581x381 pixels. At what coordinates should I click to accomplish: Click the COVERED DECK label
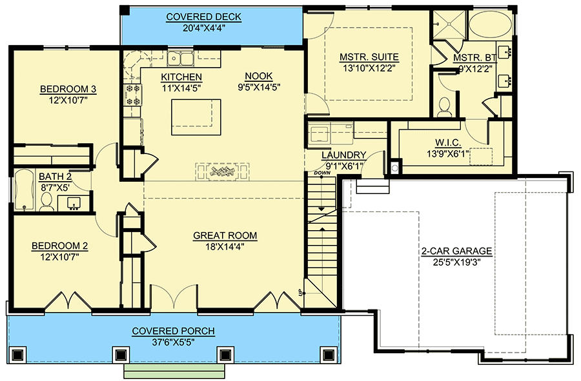(x=203, y=17)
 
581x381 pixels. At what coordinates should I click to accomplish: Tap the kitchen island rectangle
(x=196, y=117)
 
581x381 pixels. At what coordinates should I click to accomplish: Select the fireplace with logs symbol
(x=222, y=171)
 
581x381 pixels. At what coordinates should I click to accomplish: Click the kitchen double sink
(x=180, y=59)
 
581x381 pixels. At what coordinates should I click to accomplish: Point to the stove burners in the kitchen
(x=132, y=94)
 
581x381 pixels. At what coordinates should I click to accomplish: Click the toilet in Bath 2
(x=46, y=202)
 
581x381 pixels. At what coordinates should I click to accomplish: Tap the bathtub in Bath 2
(x=24, y=190)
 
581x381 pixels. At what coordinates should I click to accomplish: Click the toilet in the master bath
(x=443, y=106)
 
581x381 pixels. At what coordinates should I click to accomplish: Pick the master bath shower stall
(x=449, y=24)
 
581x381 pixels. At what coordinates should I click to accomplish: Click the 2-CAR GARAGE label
(x=456, y=251)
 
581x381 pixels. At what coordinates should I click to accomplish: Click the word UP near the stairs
(x=300, y=293)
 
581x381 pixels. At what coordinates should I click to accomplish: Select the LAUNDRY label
(x=344, y=155)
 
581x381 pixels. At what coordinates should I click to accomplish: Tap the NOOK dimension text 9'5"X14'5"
(x=259, y=87)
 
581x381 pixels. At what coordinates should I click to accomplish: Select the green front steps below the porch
(x=174, y=371)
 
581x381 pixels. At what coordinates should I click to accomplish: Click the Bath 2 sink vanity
(x=74, y=203)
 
